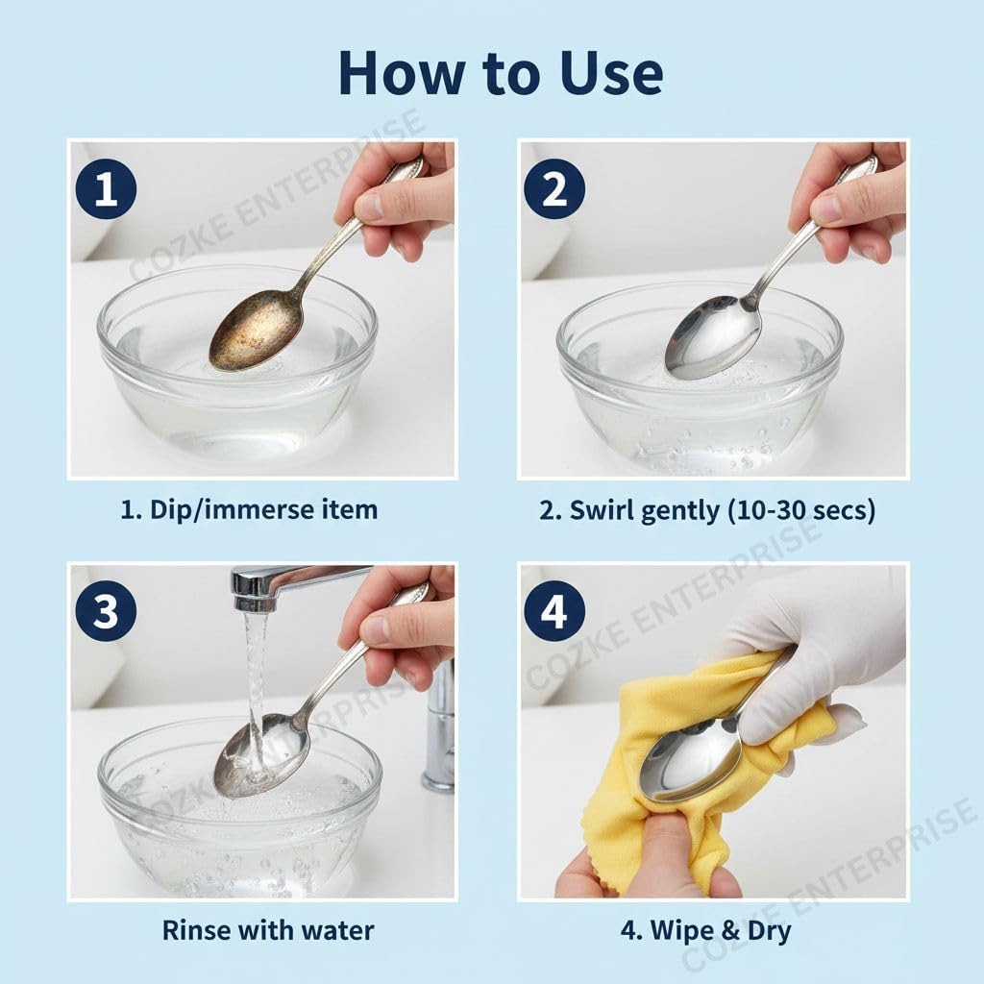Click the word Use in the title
click(608, 72)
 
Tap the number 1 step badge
click(106, 188)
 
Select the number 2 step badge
click(554, 188)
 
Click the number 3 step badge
click(106, 611)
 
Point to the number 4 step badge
click(554, 611)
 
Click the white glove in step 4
click(826, 653)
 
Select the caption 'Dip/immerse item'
click(262, 509)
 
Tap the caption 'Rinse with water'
click(267, 929)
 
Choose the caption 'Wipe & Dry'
click(721, 929)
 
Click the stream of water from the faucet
click(255, 673)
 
